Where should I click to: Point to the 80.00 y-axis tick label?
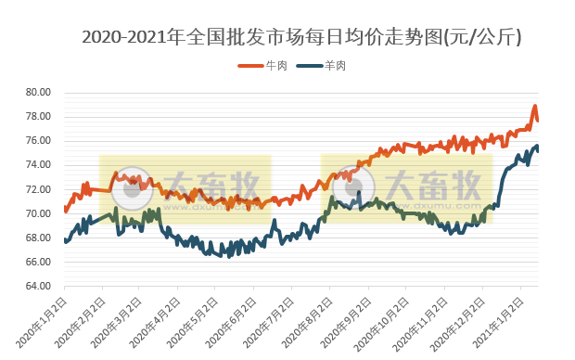click(x=37, y=93)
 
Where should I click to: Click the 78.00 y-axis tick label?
click(x=37, y=117)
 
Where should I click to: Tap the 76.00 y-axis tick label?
click(x=37, y=141)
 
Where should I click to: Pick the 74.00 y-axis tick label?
click(x=37, y=165)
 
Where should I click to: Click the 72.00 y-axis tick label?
click(x=37, y=189)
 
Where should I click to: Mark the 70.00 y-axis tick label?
click(x=37, y=213)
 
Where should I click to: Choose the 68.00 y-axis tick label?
click(x=37, y=238)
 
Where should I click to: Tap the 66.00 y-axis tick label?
click(x=37, y=262)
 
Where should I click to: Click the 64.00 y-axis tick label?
click(x=37, y=286)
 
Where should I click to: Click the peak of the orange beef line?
click(x=535, y=107)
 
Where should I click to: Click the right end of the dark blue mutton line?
click(x=538, y=148)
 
